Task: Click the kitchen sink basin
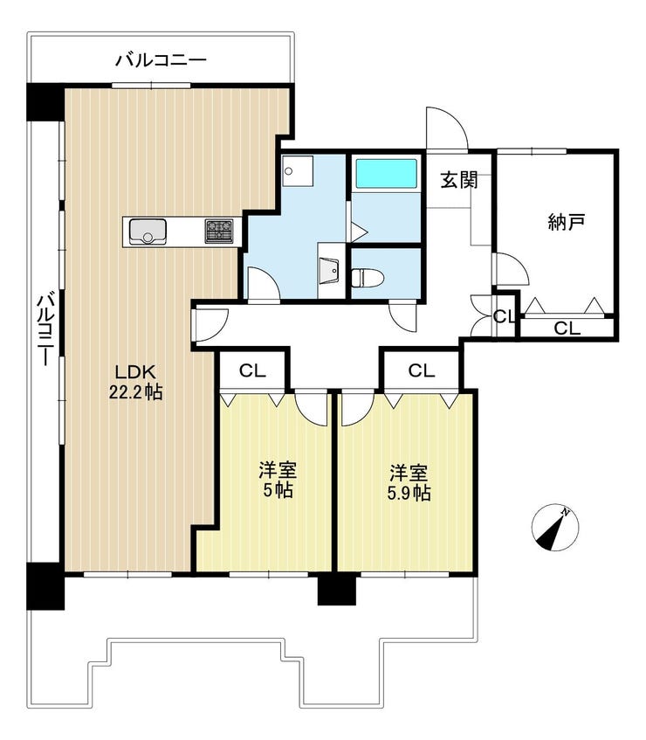[148, 232]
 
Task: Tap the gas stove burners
[219, 232]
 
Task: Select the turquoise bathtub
[386, 173]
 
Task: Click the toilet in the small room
[368, 278]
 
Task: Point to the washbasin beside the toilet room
[329, 271]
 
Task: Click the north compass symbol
[554, 527]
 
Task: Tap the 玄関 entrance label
[459, 180]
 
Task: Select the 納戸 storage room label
[567, 221]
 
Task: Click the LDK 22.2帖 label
[136, 382]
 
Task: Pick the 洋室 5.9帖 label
[409, 482]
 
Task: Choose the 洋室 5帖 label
[278, 480]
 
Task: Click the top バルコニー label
[161, 60]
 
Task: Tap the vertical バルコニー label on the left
[45, 329]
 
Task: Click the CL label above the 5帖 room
[253, 371]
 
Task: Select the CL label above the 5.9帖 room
[422, 371]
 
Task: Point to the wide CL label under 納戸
[567, 328]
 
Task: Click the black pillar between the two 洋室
[336, 588]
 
